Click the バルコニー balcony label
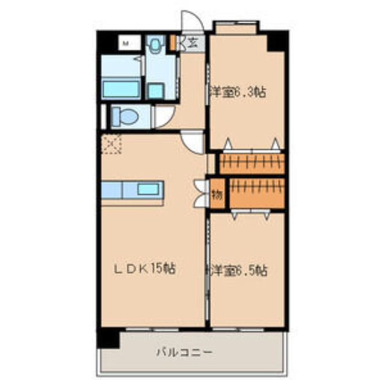[x=184, y=351]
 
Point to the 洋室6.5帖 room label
[x=238, y=270]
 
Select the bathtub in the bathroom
[x=122, y=88]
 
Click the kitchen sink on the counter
[x=148, y=189]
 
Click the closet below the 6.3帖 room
[x=251, y=163]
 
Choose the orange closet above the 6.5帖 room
[x=257, y=192]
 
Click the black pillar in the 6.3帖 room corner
[x=276, y=40]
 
